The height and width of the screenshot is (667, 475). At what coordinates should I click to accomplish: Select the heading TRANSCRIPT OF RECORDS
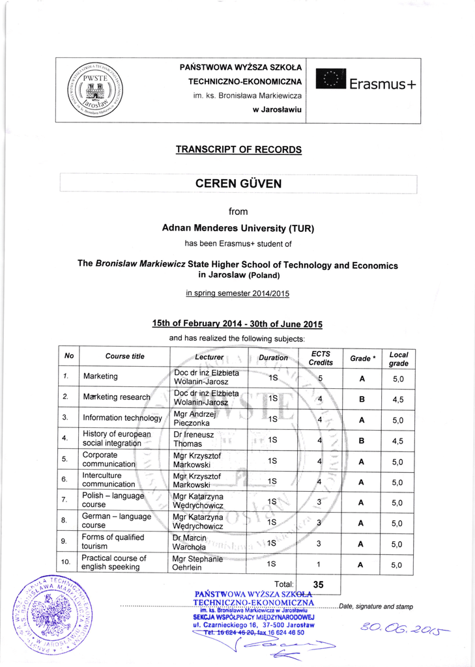click(238, 150)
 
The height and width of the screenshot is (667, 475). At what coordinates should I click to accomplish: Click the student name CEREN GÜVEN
click(238, 184)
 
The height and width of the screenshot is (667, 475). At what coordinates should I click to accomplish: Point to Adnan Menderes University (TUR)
click(238, 229)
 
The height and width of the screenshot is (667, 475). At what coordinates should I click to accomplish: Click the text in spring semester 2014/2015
click(238, 293)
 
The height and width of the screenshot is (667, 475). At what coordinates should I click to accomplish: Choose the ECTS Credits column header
click(321, 358)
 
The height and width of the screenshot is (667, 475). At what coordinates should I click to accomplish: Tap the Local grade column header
click(398, 358)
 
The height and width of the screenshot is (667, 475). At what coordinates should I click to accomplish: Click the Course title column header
click(124, 357)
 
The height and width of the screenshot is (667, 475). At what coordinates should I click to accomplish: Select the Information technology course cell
click(122, 418)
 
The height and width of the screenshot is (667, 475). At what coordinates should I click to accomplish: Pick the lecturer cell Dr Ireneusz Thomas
click(188, 439)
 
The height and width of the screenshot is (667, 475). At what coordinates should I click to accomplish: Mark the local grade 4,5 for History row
click(397, 440)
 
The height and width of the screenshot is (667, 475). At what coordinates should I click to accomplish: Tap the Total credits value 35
click(319, 585)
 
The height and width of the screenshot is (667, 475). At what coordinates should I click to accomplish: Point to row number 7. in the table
click(65, 500)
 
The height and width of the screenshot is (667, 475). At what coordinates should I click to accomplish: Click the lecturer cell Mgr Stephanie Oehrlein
click(197, 563)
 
